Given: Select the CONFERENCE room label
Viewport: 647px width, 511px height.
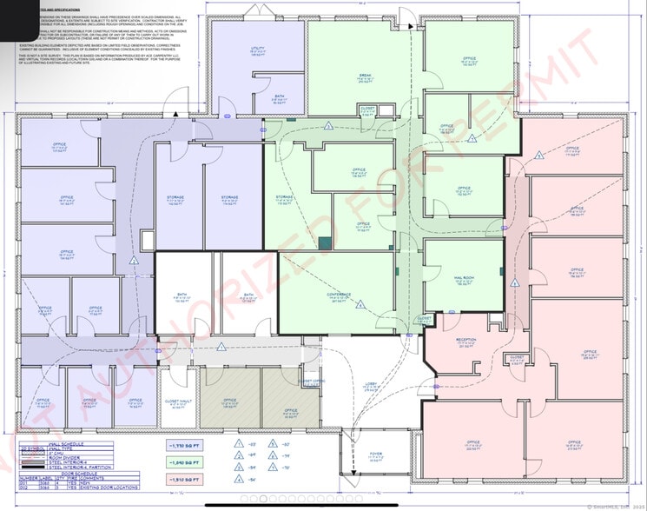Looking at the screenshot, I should (339, 295).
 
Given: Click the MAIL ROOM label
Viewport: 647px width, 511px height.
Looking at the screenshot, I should (463, 278).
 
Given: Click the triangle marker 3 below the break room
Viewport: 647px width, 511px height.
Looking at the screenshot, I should (329, 126).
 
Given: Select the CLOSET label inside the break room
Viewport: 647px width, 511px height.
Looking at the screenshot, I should (368, 109).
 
